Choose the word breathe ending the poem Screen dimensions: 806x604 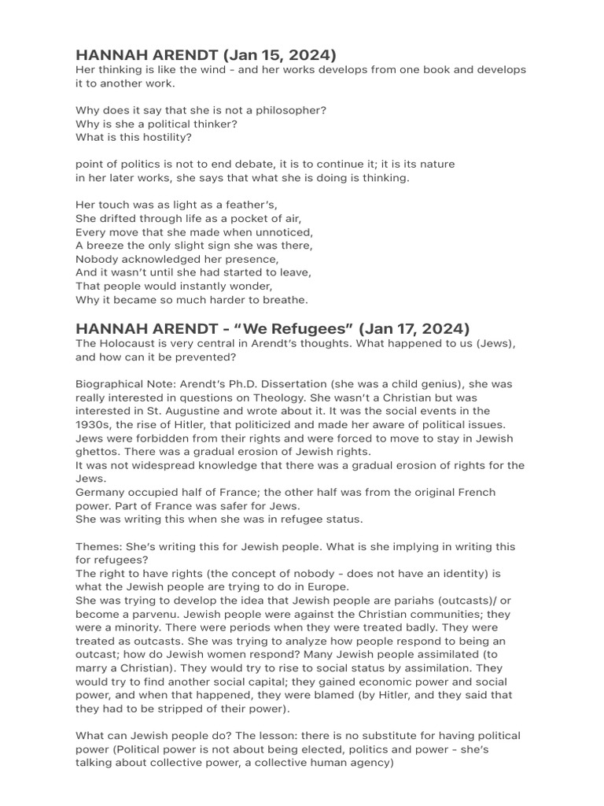click(281, 299)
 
